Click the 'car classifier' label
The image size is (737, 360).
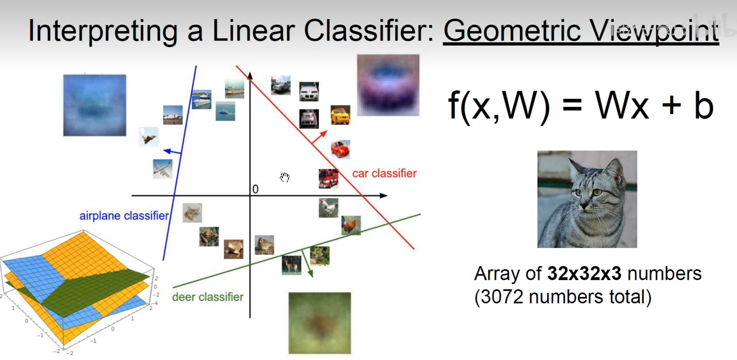(x=384, y=173)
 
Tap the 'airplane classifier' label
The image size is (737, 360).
(x=124, y=216)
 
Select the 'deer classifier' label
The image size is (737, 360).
(x=208, y=297)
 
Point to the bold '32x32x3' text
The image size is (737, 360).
(x=584, y=273)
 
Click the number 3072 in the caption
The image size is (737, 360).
(x=502, y=297)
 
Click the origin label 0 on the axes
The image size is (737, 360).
(x=255, y=189)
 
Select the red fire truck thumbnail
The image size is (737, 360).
(x=328, y=178)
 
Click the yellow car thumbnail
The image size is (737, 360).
(x=340, y=115)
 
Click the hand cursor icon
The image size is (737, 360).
(x=285, y=177)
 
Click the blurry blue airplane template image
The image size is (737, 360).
(x=95, y=105)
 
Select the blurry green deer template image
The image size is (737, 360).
(x=320, y=323)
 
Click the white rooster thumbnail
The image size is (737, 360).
(x=328, y=208)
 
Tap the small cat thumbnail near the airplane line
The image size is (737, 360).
(x=192, y=213)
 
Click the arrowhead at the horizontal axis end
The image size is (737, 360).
(x=384, y=196)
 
